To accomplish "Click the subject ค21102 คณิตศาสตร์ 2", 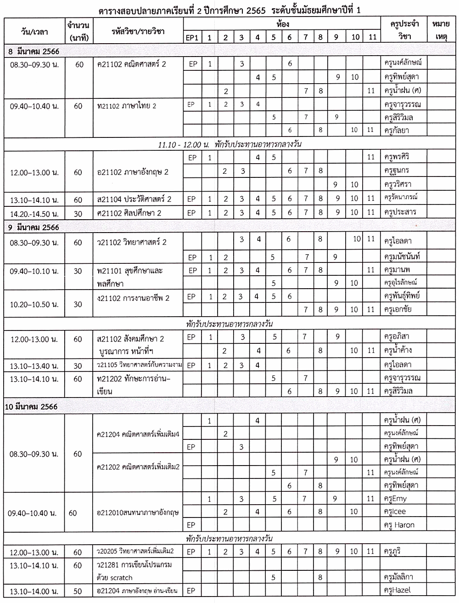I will click(131, 64).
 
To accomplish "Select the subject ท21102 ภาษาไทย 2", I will click(127, 106).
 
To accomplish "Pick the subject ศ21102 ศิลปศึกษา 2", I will click(129, 213).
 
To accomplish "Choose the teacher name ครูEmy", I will click(395, 499).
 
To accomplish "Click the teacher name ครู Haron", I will click(399, 525).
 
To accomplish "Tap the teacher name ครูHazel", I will click(397, 590).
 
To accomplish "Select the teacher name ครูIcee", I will click(395, 512).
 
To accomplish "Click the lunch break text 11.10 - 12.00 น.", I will click(183, 144).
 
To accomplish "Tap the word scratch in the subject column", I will click(121, 578).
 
